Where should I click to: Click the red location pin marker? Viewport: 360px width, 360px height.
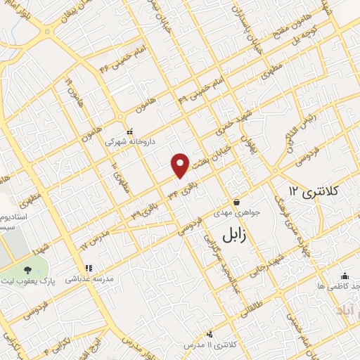[181, 165]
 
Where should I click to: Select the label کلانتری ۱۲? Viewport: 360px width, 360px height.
[314, 191]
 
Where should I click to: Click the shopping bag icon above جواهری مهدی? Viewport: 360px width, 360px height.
[236, 202]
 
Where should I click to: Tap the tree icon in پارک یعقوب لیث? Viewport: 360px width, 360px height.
[27, 269]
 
